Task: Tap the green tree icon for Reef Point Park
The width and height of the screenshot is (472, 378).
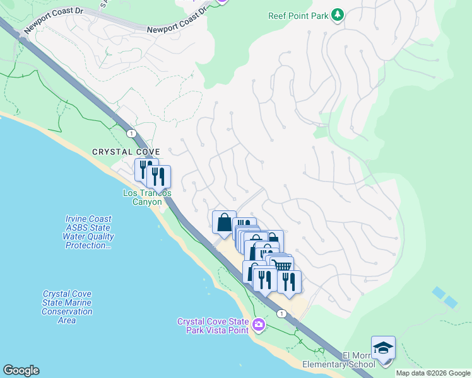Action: [x=338, y=14]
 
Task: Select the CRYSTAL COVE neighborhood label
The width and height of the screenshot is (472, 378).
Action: [x=126, y=152]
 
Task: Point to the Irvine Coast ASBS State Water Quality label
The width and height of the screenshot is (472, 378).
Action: [x=88, y=232]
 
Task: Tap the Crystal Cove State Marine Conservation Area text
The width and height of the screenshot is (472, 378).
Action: [x=67, y=307]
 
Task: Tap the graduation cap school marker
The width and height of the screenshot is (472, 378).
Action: [x=383, y=347]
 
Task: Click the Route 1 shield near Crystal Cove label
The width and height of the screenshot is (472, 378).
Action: [x=131, y=134]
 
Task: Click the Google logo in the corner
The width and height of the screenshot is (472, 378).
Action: [x=21, y=370]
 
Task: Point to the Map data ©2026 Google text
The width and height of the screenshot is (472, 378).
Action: [x=433, y=373]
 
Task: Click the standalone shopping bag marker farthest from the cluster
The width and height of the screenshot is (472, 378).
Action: [x=224, y=222]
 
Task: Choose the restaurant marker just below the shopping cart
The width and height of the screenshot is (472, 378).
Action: [x=289, y=282]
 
